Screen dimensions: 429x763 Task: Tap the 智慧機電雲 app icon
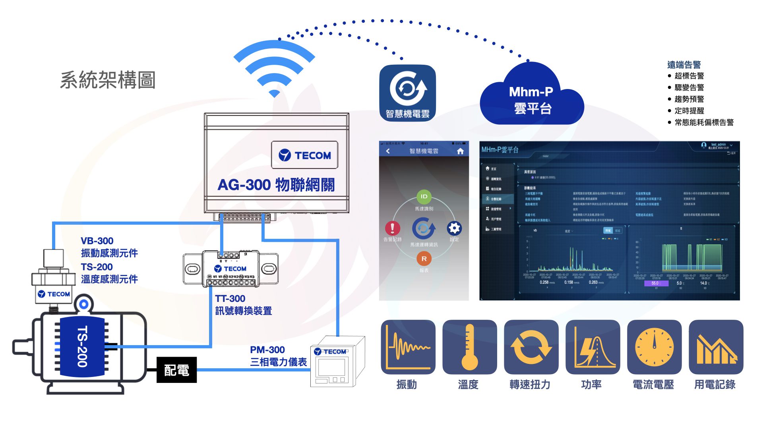click(x=407, y=93)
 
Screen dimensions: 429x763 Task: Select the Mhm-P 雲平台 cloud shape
click(x=532, y=97)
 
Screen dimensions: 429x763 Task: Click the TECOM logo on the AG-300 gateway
click(x=305, y=155)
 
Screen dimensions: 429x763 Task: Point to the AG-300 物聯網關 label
click(x=276, y=185)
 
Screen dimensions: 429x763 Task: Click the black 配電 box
click(x=176, y=370)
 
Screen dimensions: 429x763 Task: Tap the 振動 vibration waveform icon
click(x=408, y=347)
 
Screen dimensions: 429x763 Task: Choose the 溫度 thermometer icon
click(x=470, y=347)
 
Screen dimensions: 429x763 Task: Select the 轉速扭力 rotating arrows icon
click(x=531, y=347)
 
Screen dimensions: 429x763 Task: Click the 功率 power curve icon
click(x=593, y=347)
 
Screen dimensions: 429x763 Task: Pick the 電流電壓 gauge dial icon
click(x=654, y=347)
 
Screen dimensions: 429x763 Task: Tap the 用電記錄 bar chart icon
click(x=716, y=347)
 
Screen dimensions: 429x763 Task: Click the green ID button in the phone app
click(x=424, y=197)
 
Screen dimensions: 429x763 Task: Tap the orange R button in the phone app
click(x=424, y=259)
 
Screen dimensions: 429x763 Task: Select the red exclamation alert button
click(x=392, y=228)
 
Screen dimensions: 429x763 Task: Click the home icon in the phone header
click(x=460, y=151)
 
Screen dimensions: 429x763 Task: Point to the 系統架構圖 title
click(x=108, y=80)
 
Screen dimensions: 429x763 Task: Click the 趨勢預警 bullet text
click(x=689, y=99)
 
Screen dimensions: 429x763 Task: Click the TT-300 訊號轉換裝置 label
click(x=243, y=305)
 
